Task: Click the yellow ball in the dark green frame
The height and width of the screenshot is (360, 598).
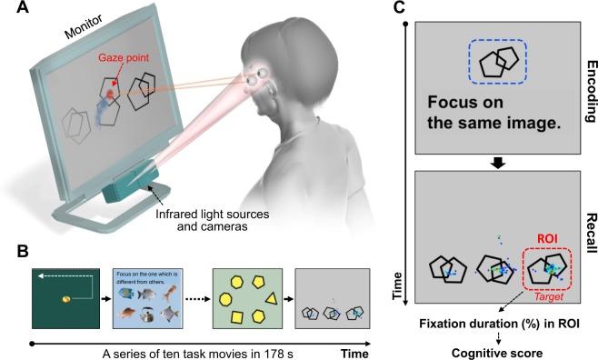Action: coord(65,298)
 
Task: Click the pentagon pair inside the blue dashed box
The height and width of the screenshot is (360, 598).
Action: coord(495,62)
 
